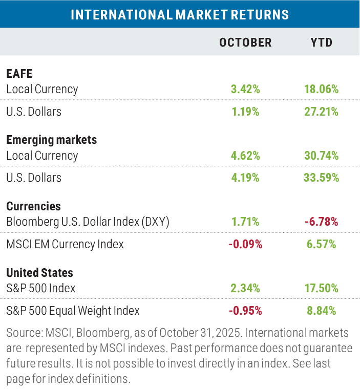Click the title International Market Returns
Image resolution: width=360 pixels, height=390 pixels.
click(x=180, y=14)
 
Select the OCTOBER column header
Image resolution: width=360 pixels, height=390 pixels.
click(x=245, y=42)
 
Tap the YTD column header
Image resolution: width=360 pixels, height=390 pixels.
click(x=322, y=42)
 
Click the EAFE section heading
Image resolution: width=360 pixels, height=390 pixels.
click(x=19, y=73)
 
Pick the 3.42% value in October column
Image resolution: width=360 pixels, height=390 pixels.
click(x=245, y=89)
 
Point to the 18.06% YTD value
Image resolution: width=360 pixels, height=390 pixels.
click(x=322, y=89)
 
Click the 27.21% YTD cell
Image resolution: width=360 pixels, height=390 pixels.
click(x=322, y=112)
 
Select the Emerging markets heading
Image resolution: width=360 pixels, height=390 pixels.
click(x=51, y=140)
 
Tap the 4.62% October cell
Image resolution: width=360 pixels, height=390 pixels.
click(x=245, y=156)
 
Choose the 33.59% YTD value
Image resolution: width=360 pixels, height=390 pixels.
click(x=322, y=178)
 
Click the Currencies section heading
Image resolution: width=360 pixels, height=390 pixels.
click(x=33, y=206)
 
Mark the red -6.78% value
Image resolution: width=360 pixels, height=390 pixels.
click(x=322, y=222)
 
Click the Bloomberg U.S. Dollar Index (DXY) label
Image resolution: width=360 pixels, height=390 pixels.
click(x=88, y=222)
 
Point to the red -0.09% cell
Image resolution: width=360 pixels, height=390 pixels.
click(x=245, y=245)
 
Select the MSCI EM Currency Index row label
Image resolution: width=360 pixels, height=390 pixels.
click(x=65, y=245)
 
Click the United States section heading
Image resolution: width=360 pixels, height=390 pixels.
click(x=39, y=273)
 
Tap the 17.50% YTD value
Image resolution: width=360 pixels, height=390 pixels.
click(x=322, y=289)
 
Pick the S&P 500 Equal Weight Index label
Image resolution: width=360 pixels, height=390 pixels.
click(x=73, y=311)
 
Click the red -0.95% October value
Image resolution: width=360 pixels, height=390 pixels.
click(x=245, y=311)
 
